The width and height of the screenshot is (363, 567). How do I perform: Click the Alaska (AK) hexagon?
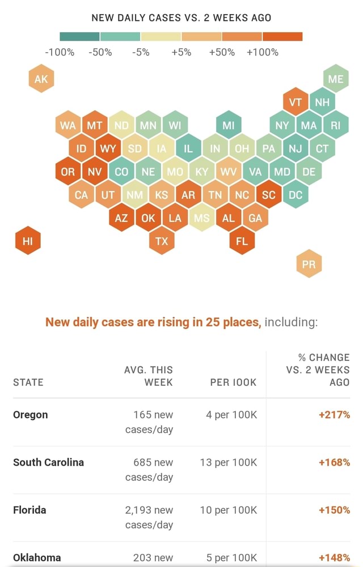point(41,79)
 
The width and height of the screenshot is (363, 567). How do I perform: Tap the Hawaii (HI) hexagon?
point(28,241)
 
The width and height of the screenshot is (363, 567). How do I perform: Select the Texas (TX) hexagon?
point(162,241)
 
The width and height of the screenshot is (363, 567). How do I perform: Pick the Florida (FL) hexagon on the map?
point(242,241)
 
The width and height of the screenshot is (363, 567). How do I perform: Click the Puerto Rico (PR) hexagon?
point(309,264)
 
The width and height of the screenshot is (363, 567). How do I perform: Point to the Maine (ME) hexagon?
point(336,79)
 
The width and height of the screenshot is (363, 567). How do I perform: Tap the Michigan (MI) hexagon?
point(229,125)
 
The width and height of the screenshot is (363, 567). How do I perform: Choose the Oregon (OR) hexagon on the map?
point(67,172)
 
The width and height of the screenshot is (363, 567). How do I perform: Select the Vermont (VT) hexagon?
point(296,102)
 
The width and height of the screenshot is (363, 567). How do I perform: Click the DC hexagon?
point(296,195)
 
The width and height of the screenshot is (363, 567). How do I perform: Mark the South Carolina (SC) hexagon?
point(269,195)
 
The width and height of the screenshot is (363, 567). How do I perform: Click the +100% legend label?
point(263,53)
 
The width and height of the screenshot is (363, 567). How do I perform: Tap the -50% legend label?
point(100,53)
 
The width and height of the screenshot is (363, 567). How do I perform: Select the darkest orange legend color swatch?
point(282,37)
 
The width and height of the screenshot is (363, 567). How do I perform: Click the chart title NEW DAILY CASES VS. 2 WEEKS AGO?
point(181,18)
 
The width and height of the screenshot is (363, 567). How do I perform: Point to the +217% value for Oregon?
point(334,415)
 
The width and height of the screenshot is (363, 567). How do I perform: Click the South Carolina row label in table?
point(48,462)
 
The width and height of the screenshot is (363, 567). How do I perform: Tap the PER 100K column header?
point(233,382)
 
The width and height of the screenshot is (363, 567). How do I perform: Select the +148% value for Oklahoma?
point(334,557)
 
